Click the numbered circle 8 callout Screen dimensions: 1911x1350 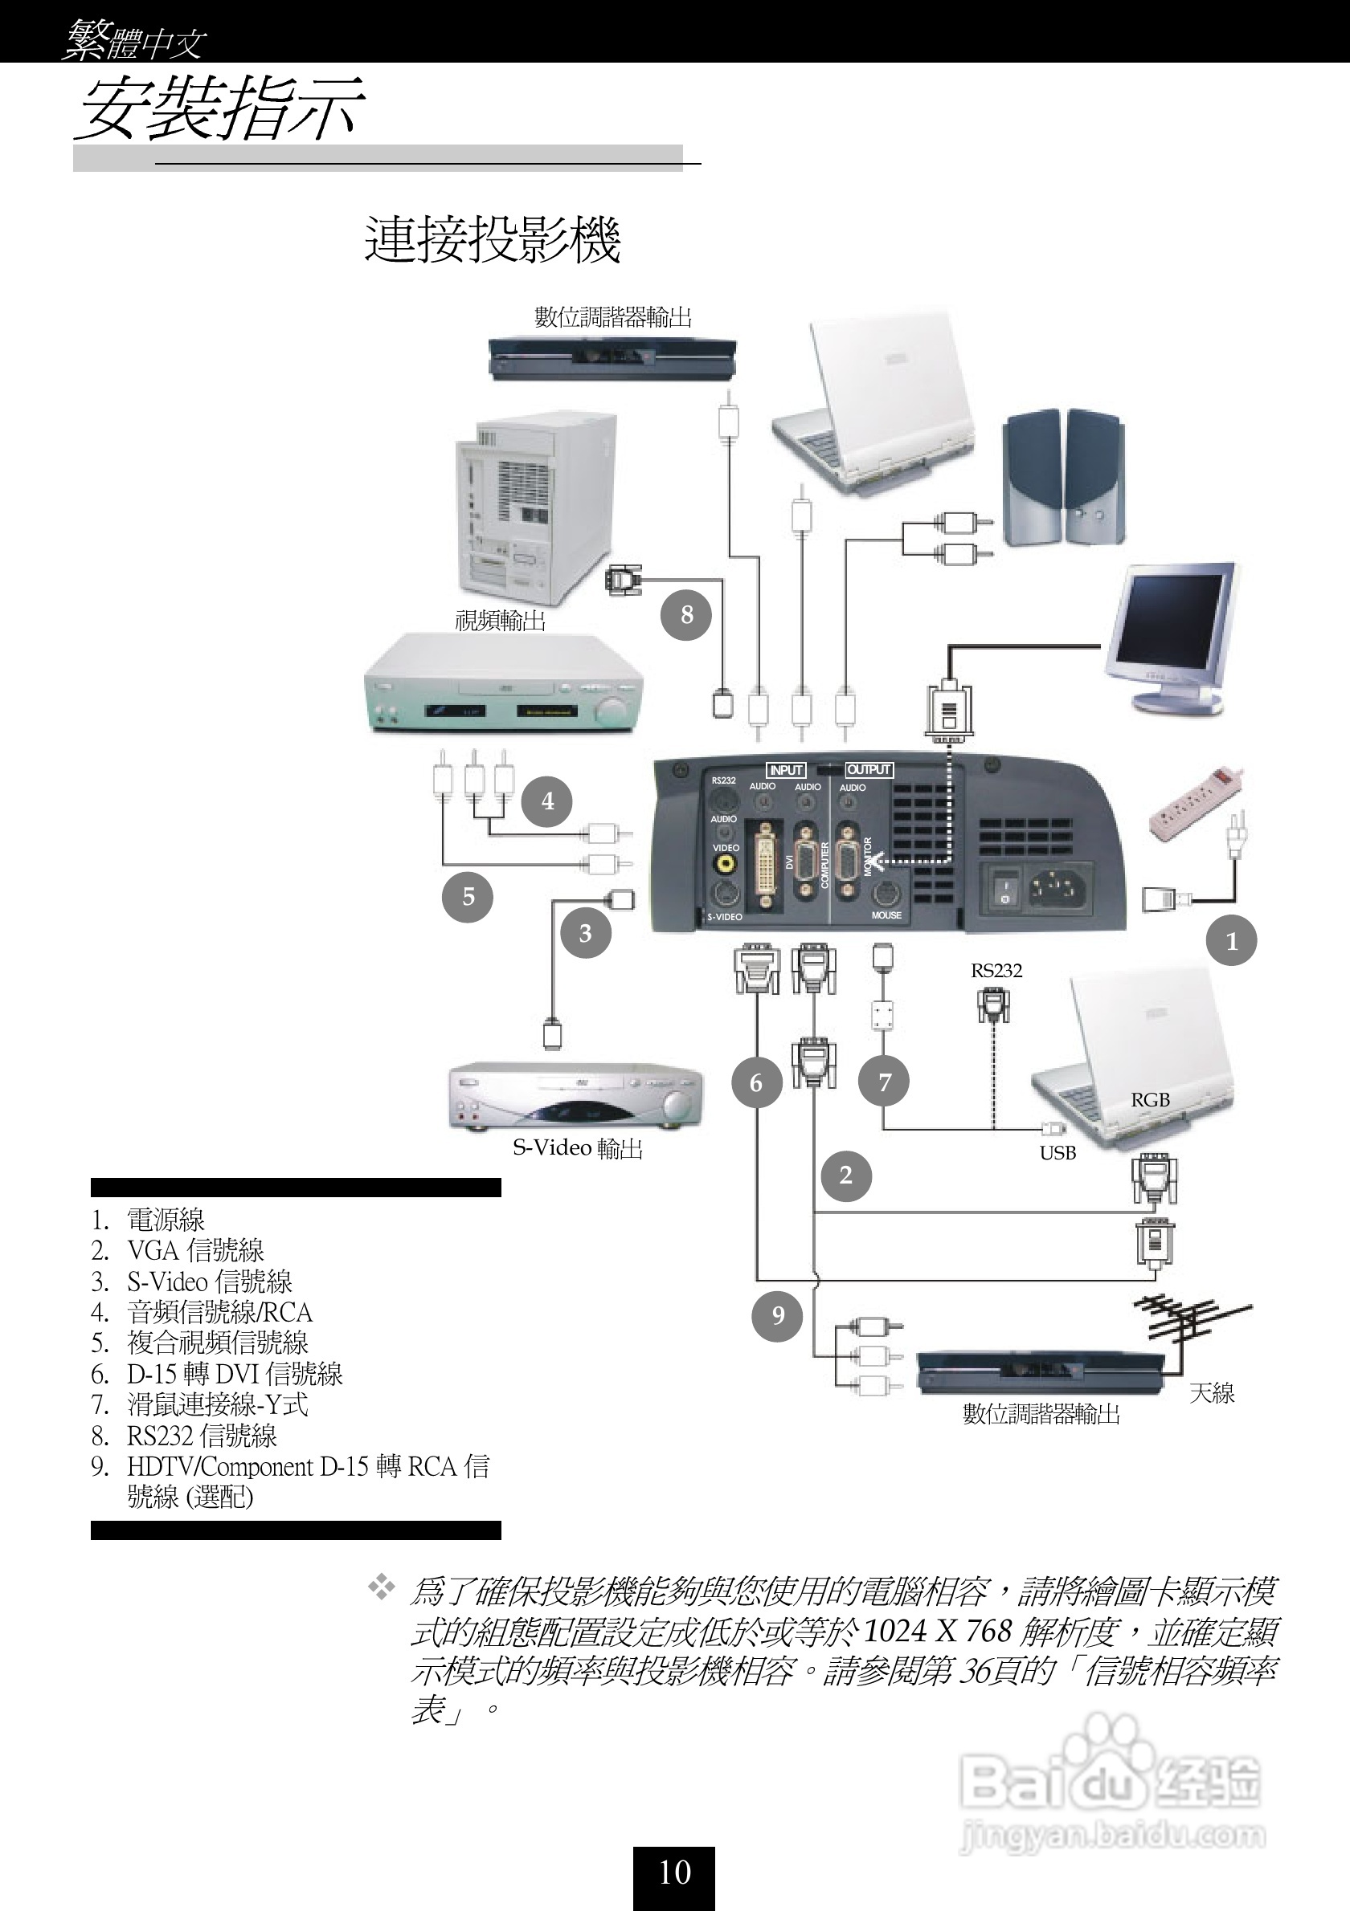click(686, 615)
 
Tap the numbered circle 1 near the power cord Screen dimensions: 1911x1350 click(1231, 941)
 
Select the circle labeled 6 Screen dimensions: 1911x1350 click(756, 1083)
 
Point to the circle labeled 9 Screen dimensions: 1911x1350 click(777, 1316)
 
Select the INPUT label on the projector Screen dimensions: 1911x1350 click(784, 770)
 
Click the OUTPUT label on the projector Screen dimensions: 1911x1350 click(869, 770)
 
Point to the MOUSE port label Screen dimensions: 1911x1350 click(886, 915)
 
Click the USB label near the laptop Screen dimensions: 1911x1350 click(1057, 1154)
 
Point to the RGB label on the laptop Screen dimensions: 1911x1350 click(1150, 1100)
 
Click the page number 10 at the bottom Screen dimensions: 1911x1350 click(674, 1872)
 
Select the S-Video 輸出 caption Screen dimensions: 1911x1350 click(577, 1148)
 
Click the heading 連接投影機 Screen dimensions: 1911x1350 click(493, 240)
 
